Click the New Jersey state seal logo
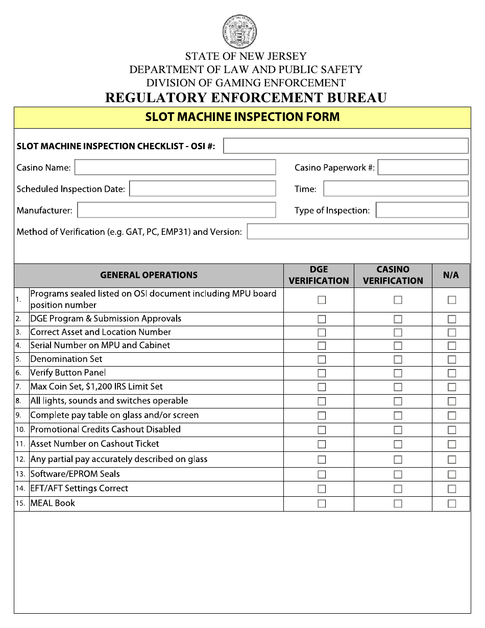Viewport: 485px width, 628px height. coord(239,32)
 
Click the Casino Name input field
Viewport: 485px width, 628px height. coord(175,167)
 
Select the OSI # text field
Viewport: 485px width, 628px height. coord(346,146)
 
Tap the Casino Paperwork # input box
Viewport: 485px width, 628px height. coord(423,167)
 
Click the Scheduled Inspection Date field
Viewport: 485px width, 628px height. coord(202,189)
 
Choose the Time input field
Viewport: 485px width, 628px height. coord(396,189)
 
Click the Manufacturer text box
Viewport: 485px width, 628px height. coord(176,210)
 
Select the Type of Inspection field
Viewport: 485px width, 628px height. coord(422,210)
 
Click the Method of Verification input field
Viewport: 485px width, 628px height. coord(357,232)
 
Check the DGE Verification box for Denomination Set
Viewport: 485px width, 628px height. coord(322,359)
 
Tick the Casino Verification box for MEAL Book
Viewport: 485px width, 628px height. coord(398,503)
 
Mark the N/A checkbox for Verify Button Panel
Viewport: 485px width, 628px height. coord(452,373)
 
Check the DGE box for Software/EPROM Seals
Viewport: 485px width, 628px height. coord(322,474)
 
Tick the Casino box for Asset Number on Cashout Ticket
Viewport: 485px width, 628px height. coord(398,444)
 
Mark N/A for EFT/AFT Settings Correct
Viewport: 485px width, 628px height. coord(452,489)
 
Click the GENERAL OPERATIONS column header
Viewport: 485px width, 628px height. coord(149,275)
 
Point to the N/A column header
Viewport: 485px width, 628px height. coord(451,275)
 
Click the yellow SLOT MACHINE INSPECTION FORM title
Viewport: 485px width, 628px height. coord(242,117)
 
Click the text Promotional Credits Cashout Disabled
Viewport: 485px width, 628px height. coord(105,430)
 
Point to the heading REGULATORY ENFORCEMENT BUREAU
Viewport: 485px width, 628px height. coord(246,98)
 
